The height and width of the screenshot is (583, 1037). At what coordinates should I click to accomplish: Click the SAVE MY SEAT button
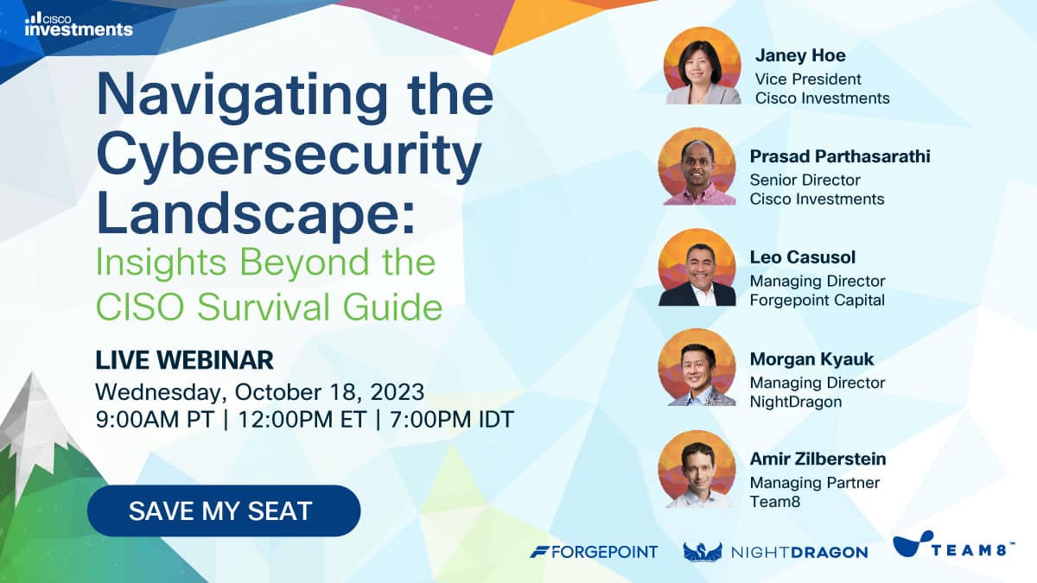224,510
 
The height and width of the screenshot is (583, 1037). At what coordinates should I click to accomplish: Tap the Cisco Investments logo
79,24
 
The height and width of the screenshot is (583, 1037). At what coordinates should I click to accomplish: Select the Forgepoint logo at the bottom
594,552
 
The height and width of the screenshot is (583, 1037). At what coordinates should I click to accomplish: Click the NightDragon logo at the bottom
775,552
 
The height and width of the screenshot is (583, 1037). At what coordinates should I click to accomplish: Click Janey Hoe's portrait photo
703,66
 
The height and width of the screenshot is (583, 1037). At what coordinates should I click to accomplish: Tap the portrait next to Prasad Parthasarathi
697,167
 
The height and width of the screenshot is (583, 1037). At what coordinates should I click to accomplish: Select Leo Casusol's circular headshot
697,268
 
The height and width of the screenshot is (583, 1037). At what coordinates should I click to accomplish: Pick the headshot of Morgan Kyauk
697,368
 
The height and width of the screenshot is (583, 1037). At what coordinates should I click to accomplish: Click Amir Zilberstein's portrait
697,469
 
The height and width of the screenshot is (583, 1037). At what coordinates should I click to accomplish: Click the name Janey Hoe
800,56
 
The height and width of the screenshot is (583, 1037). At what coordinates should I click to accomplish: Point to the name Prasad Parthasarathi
840,156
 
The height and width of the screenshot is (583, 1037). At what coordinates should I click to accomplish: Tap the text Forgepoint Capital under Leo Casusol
818,301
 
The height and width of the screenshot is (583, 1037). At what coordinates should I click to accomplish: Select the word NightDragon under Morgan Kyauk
796,402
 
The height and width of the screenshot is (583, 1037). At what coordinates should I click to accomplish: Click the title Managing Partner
815,483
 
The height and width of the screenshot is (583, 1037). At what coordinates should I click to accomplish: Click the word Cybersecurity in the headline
289,154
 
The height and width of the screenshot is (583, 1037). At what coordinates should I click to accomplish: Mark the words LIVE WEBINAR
184,360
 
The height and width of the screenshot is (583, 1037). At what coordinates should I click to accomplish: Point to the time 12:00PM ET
302,420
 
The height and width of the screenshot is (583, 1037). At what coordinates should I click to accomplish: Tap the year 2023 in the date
398,392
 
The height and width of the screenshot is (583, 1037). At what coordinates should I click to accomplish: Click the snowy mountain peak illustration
33,430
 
